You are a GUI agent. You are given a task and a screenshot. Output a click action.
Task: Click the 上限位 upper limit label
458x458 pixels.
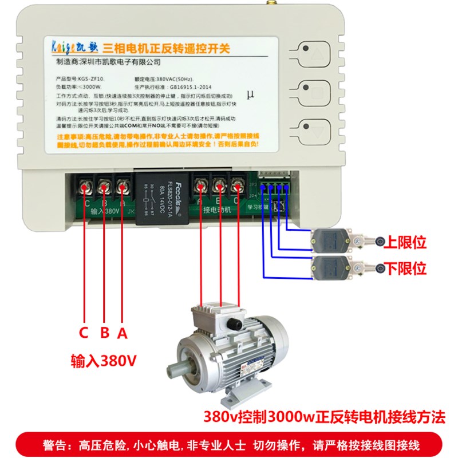(x=406, y=243)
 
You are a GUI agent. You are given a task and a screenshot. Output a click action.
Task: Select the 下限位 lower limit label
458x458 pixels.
(x=406, y=268)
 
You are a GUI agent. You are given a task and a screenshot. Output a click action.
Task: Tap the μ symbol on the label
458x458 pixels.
(x=250, y=94)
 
